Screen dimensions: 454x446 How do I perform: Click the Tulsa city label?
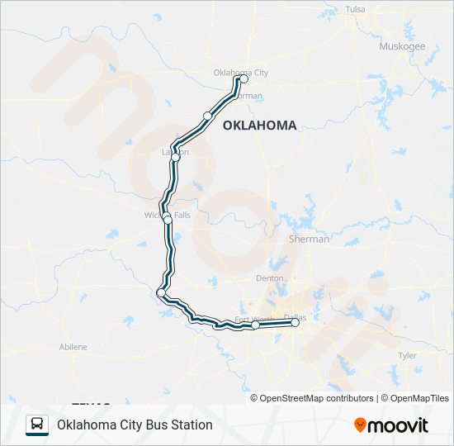pos(355,9)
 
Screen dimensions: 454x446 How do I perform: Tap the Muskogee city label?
pos(402,46)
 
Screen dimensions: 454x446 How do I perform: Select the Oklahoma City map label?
pos(240,73)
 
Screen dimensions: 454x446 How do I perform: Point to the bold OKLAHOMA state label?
pos(259,126)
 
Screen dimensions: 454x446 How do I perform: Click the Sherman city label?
pos(309,239)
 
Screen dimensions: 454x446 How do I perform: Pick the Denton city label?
pos(270,278)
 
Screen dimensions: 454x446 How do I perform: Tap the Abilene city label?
pos(73,347)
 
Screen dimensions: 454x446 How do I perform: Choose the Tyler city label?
pos(408,354)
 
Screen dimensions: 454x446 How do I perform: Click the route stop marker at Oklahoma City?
pos(244,79)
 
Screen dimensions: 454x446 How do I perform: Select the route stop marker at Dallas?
pos(296,323)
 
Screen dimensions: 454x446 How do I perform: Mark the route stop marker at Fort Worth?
pos(256,325)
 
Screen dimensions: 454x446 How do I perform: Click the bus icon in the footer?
pos(37,425)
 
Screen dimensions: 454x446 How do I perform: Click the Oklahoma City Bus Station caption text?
pos(135,425)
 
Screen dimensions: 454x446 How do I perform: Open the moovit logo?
pos(391,425)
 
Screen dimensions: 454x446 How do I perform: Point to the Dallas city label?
pos(294,316)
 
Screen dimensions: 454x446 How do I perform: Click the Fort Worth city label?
pos(253,319)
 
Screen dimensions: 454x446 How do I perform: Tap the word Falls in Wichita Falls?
pos(182,216)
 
